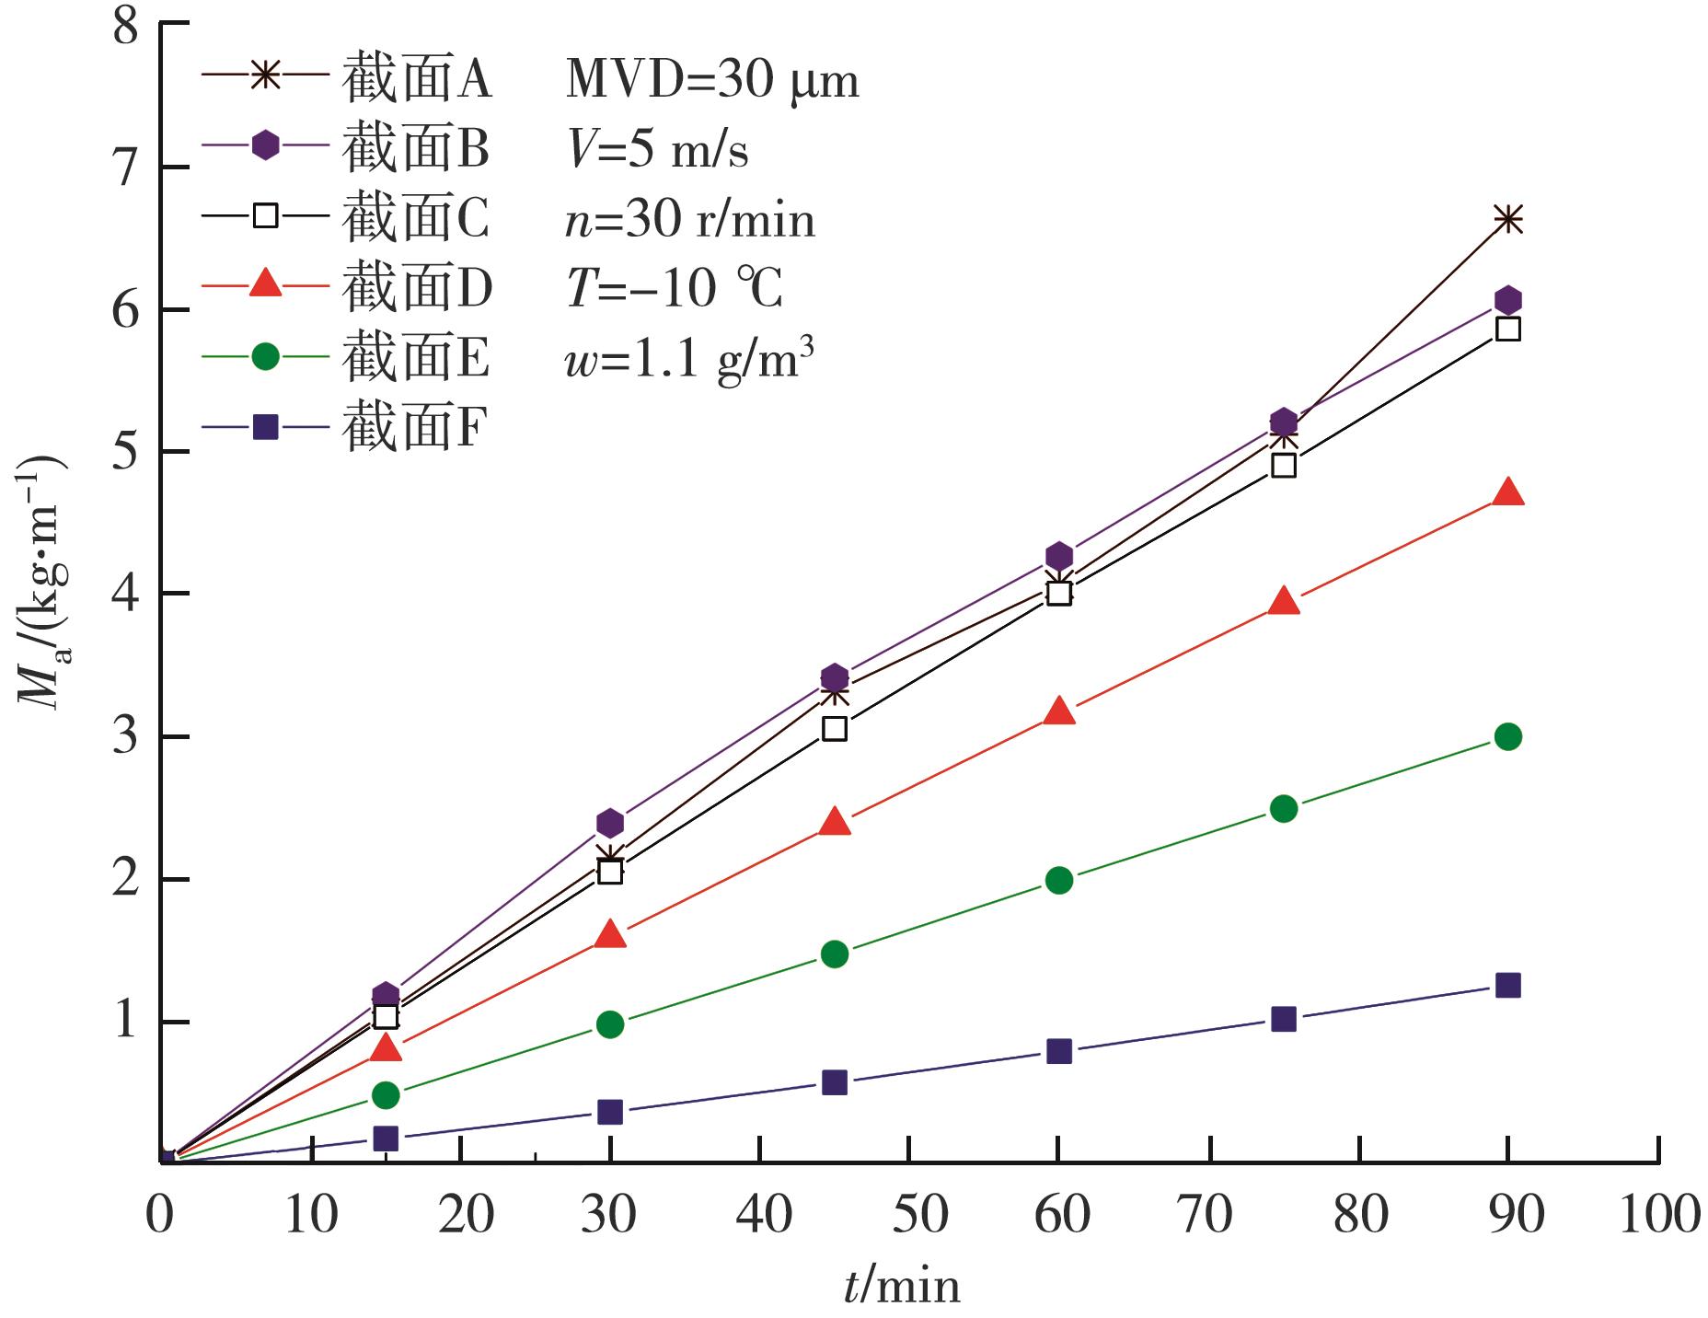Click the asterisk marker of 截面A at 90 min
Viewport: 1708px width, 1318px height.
coord(1507,220)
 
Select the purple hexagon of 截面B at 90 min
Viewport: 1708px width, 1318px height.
coord(1507,300)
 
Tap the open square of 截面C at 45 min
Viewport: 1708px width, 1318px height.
coord(834,729)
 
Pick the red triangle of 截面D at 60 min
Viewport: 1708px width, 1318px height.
coord(1059,711)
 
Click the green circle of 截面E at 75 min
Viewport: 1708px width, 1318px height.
coord(1283,809)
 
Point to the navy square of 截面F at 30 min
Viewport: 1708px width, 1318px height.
coord(609,1112)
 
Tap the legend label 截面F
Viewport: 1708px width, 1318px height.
coord(414,427)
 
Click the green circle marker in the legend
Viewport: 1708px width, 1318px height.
coord(265,356)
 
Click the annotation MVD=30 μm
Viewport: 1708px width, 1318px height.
coord(711,79)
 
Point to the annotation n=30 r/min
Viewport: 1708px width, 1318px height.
coord(689,220)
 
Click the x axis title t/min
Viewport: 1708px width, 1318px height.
coord(901,1285)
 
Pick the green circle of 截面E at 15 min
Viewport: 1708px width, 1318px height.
coord(386,1095)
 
